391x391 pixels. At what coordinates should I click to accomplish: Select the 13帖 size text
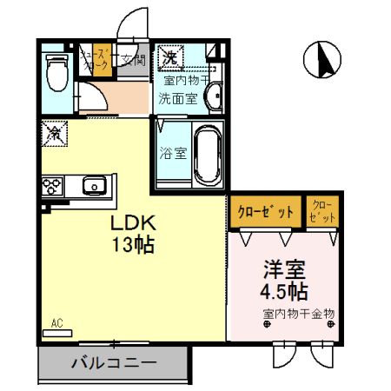pyautogui.click(x=132, y=245)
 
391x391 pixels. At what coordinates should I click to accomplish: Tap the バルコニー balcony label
pyautogui.click(x=113, y=362)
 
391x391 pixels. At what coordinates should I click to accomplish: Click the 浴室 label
pyautogui.click(x=174, y=154)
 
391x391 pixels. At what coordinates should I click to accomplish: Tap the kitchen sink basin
pyautogui.click(x=93, y=184)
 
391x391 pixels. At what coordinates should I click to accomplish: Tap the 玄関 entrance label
pyautogui.click(x=132, y=60)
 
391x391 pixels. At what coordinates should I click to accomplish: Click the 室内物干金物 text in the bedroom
pyautogui.click(x=298, y=313)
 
